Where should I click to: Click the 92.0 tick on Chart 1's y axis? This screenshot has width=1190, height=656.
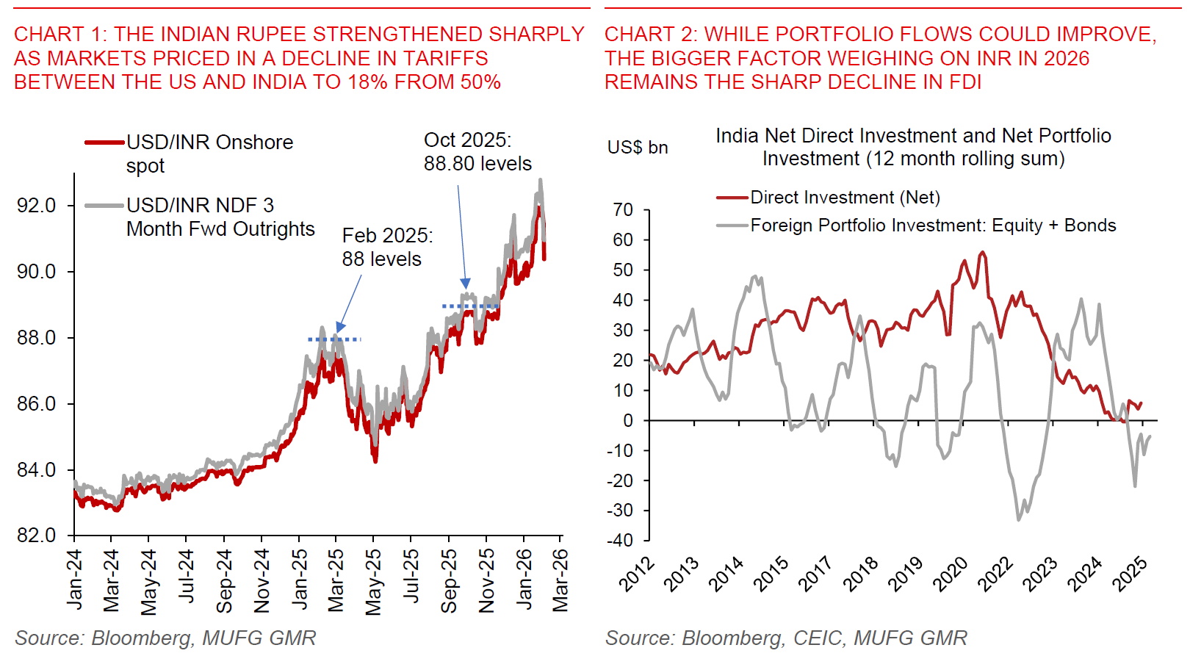37,206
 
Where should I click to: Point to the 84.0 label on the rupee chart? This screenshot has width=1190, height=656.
37,470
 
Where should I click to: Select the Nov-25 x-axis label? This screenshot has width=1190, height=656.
486,580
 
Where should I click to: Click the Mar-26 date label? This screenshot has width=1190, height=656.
560,580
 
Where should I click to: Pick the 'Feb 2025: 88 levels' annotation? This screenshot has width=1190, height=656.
387,248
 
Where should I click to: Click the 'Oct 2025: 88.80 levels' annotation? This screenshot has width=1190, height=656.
477,152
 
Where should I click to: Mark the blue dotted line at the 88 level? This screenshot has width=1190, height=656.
334,339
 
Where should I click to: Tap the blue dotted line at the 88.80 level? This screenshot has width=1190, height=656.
470,306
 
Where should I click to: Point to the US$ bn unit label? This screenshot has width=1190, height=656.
638,148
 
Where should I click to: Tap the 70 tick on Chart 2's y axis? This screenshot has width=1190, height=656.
624,210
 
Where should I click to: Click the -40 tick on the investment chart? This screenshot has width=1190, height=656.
620,541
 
